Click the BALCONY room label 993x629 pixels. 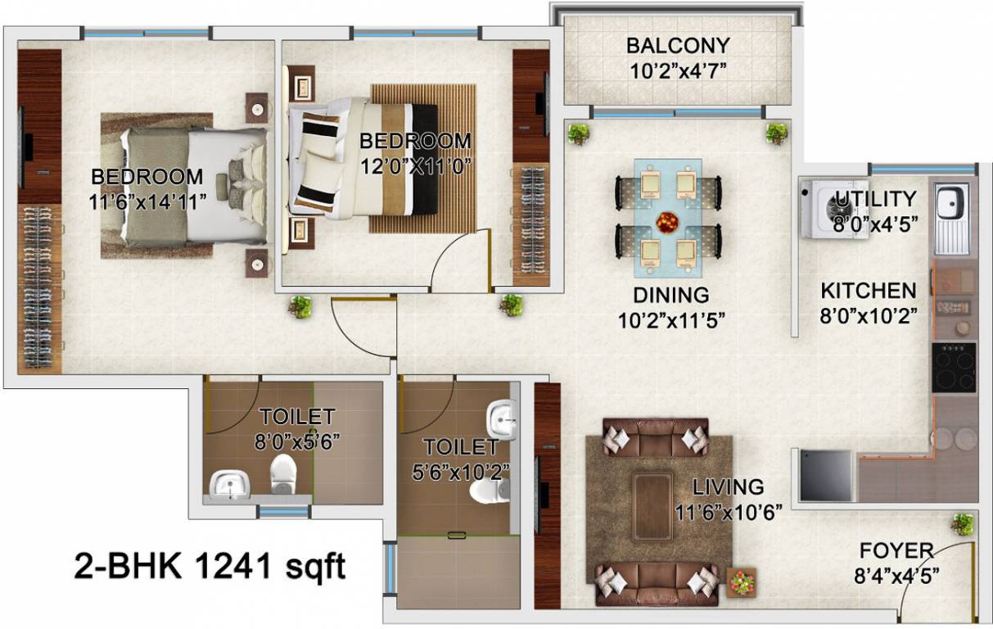pyautogui.click(x=677, y=46)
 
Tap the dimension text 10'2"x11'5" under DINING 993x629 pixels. pyautogui.click(x=670, y=316)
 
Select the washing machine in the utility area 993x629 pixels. pyautogui.click(x=831, y=210)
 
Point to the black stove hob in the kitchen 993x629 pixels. pyautogui.click(x=954, y=367)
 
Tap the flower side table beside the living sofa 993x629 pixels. pyautogui.click(x=742, y=582)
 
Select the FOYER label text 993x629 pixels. pyautogui.click(x=896, y=550)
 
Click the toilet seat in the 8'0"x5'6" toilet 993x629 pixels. pyautogui.click(x=282, y=473)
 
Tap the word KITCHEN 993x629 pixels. pyautogui.click(x=869, y=291)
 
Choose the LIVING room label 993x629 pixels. pyautogui.click(x=728, y=487)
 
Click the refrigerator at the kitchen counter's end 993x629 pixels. pyautogui.click(x=825, y=475)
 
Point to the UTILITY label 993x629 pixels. pyautogui.click(x=874, y=199)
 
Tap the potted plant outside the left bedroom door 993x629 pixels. pyautogui.click(x=300, y=307)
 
